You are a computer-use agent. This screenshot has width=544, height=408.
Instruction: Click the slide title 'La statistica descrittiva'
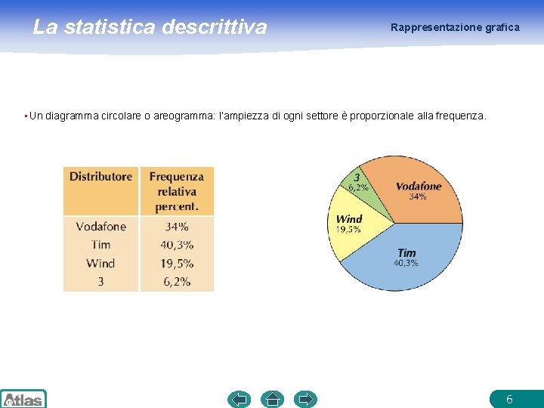(150, 27)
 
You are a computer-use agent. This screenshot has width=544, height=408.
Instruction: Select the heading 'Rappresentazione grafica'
(455, 27)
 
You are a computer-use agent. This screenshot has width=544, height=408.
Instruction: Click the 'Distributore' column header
(100, 177)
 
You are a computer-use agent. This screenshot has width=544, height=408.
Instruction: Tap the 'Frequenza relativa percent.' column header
(177, 191)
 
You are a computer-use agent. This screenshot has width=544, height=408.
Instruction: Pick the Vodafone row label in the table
(100, 227)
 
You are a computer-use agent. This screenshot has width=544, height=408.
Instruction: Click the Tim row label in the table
(100, 245)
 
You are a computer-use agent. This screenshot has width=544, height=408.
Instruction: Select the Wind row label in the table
(100, 263)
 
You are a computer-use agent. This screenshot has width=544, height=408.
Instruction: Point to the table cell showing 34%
(177, 227)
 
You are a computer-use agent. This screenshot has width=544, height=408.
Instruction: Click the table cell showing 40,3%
(177, 245)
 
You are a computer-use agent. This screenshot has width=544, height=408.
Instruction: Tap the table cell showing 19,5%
(177, 263)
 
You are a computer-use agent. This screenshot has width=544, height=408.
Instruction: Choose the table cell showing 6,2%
(177, 281)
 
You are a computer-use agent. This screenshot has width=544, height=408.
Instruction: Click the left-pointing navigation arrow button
(240, 399)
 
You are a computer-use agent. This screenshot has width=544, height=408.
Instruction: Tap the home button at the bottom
(272, 399)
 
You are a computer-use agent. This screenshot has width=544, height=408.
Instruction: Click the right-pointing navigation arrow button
(305, 399)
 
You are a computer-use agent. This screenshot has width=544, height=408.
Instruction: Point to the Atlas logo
(23, 399)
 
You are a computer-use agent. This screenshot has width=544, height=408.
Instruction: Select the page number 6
(509, 399)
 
